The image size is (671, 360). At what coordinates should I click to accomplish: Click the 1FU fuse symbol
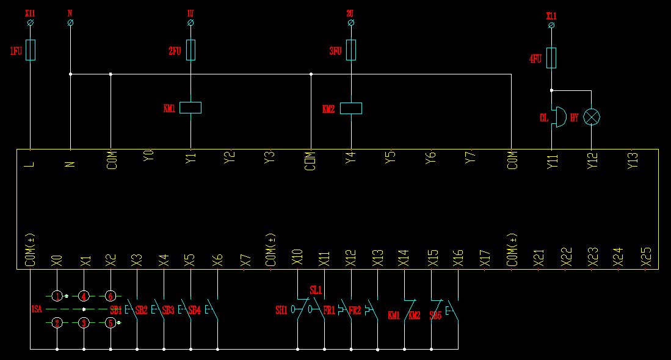[x=31, y=50]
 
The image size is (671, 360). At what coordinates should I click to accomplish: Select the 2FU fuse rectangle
[x=190, y=50]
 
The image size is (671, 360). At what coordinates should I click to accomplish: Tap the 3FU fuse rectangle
[x=351, y=50]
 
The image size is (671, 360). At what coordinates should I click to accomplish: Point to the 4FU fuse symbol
[x=551, y=58]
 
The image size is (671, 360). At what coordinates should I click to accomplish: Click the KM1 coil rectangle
[x=190, y=108]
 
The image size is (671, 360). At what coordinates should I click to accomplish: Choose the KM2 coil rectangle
[x=351, y=108]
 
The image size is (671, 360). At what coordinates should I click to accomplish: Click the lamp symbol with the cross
[x=591, y=117]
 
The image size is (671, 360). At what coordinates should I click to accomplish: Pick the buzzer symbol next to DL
[x=557, y=117]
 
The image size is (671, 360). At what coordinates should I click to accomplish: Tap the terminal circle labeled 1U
[x=190, y=23]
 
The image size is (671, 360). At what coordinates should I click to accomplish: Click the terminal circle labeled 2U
[x=351, y=23]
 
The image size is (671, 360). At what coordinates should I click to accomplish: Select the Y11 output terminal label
[x=552, y=160]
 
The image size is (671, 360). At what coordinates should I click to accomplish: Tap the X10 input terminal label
[x=297, y=257]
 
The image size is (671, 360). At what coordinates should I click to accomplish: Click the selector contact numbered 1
[x=57, y=296]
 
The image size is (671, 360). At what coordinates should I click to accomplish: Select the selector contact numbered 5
[x=111, y=322]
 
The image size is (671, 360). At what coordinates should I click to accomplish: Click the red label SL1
[x=316, y=290]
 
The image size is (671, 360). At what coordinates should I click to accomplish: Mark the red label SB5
[x=435, y=315]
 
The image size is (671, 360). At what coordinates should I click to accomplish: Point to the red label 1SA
[x=36, y=309]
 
